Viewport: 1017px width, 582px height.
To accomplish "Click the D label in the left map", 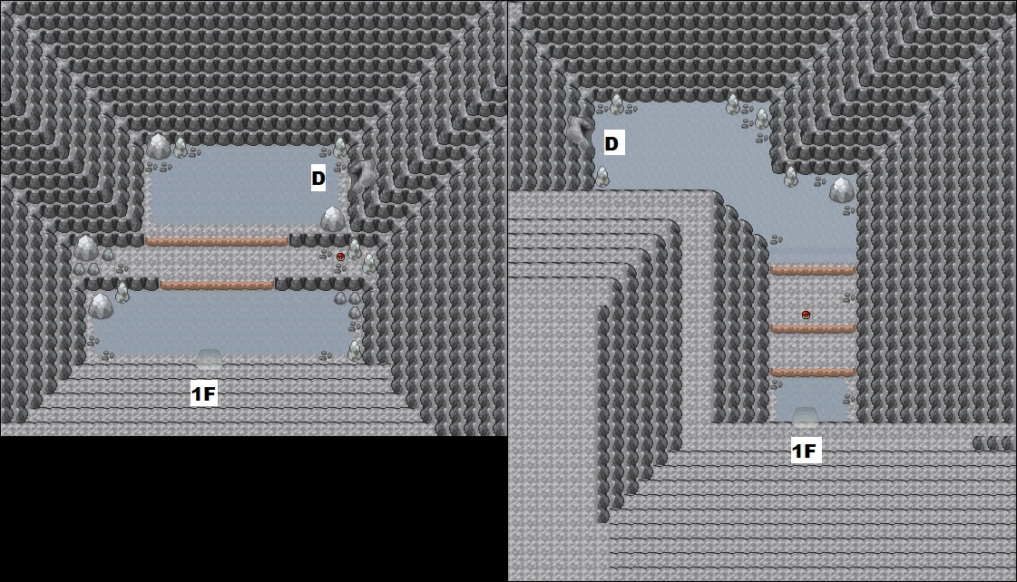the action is click(x=318, y=179).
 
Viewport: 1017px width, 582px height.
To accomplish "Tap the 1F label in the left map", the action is click(x=203, y=394).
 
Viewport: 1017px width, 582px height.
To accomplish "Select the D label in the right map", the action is click(x=611, y=143).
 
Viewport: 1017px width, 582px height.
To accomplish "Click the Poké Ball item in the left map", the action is click(x=340, y=257).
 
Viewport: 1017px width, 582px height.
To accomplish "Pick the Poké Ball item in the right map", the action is click(x=806, y=315).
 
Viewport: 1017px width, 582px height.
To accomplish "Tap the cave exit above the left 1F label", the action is click(x=209, y=357).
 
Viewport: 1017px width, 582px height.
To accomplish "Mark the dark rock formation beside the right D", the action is click(x=582, y=133).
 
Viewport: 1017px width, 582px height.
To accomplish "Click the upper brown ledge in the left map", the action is click(x=217, y=242).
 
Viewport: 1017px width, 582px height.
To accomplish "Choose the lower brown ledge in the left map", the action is click(x=217, y=286).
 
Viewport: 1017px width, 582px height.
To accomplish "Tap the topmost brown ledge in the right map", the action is click(x=813, y=271).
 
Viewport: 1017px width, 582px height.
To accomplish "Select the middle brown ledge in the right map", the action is click(x=813, y=328).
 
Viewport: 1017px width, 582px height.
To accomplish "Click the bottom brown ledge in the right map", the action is click(x=813, y=373).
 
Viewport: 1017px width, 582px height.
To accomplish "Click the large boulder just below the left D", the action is click(x=333, y=218).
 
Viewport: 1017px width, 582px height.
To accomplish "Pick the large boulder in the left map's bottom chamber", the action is click(x=101, y=306).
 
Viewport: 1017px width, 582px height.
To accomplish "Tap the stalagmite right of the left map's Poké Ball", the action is click(x=354, y=249).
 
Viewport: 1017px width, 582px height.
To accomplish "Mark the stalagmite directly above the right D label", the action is click(x=616, y=103).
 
